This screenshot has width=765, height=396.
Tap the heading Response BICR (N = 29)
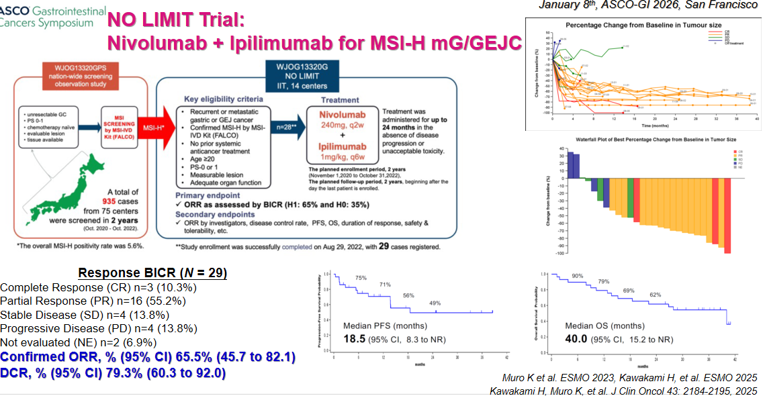tap(152, 273)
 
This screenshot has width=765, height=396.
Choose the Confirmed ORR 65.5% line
tap(148, 357)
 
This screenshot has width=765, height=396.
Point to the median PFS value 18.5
tap(355, 339)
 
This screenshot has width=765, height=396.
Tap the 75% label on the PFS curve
tap(361, 278)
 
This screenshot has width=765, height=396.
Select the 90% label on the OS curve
tap(577, 277)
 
